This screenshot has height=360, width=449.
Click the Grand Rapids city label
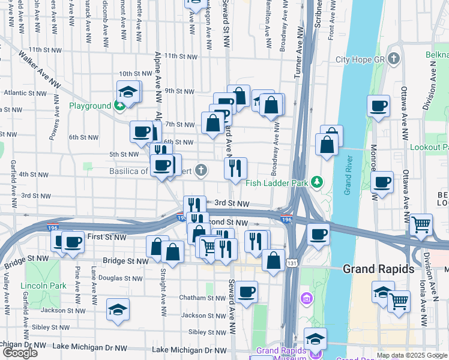[378, 268]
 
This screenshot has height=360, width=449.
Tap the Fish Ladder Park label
[276, 182]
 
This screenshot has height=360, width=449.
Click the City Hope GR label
[359, 59]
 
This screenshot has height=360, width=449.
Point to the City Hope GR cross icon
[394, 58]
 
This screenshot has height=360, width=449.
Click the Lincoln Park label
[43, 285]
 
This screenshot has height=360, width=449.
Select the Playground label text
[90, 106]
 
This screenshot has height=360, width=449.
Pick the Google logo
[20, 352]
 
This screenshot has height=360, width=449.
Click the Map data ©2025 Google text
[412, 355]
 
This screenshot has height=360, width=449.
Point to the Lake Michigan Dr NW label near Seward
[190, 350]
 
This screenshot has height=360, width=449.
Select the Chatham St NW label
[202, 298]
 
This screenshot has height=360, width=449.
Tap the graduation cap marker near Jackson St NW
[118, 310]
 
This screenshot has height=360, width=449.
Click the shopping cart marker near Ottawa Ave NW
[421, 224]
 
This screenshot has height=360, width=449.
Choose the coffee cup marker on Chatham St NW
[246, 292]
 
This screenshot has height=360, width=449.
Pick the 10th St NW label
[133, 74]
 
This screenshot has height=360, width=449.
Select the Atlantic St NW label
[23, 93]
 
